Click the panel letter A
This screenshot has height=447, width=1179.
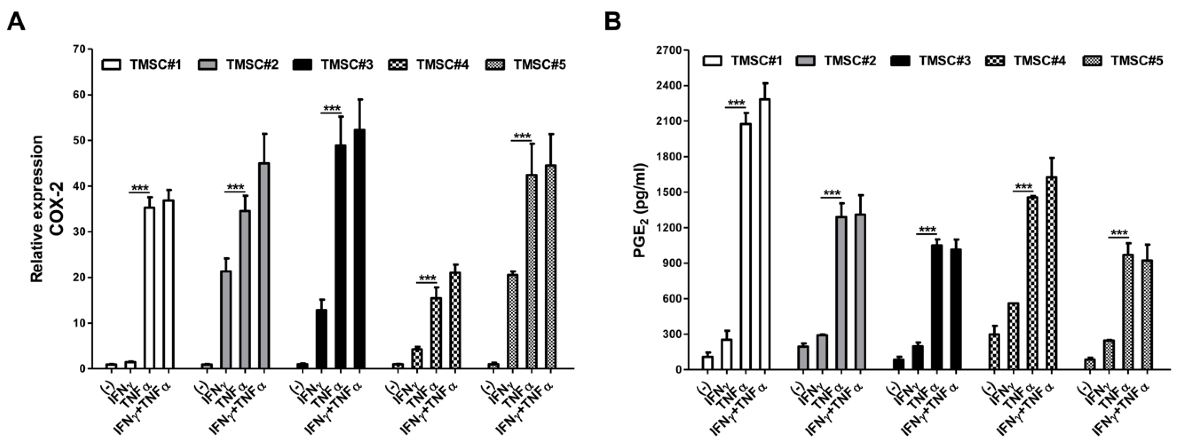[16, 21]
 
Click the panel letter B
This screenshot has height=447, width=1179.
[613, 21]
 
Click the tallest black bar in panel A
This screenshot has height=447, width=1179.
[360, 249]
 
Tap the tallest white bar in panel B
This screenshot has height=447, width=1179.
[765, 234]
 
